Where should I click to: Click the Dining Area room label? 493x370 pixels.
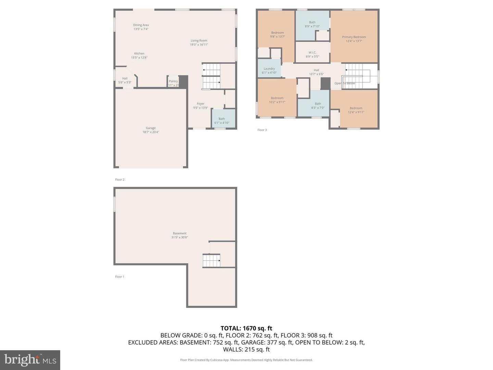[x=141, y=25]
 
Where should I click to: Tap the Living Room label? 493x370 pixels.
[x=199, y=40]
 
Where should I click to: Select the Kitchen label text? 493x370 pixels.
[x=139, y=53]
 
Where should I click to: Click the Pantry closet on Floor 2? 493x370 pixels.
[x=173, y=82]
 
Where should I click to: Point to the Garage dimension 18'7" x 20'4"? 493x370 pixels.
[x=151, y=132]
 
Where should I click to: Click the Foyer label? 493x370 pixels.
[x=201, y=104]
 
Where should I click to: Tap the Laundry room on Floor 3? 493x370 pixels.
[x=269, y=70]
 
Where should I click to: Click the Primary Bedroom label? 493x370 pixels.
[x=354, y=37]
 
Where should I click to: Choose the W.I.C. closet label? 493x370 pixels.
[x=312, y=52]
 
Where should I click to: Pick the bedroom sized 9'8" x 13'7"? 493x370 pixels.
[x=277, y=35]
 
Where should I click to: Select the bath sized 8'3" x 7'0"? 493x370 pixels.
[x=318, y=106]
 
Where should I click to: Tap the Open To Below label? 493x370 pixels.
[x=345, y=83]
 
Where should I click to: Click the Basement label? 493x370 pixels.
[x=180, y=233]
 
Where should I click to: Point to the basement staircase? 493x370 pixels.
[x=211, y=261]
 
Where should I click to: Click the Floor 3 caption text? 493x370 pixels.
[x=262, y=130]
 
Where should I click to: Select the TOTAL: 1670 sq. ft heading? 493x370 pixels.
[x=246, y=328]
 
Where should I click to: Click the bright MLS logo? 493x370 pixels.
[x=30, y=360]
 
